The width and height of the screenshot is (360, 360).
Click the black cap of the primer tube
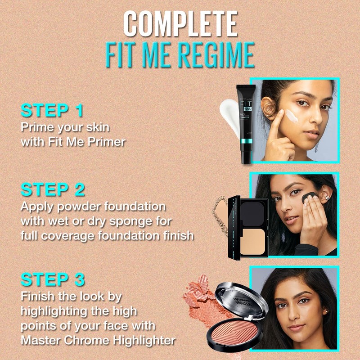(245, 155)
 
